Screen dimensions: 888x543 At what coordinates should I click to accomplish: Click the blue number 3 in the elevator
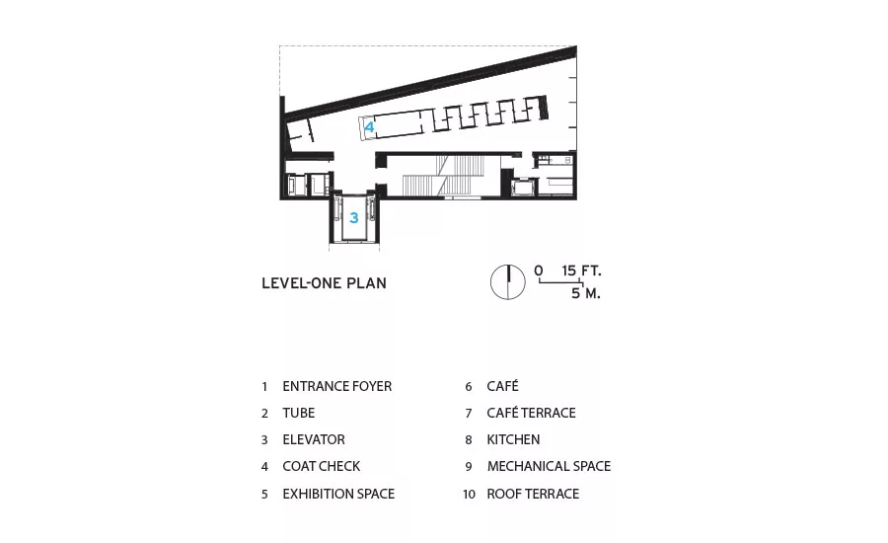pyautogui.click(x=354, y=217)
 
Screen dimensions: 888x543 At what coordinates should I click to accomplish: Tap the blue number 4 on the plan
pyautogui.click(x=369, y=127)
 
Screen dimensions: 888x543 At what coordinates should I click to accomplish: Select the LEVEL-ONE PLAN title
pyautogui.click(x=324, y=282)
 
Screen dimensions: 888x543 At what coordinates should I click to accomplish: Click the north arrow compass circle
pyautogui.click(x=507, y=281)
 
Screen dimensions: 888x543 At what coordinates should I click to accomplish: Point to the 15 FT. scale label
pyautogui.click(x=581, y=271)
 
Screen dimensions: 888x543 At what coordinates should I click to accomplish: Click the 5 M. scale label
pyautogui.click(x=585, y=293)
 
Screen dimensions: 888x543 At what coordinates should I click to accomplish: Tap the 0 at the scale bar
pyautogui.click(x=538, y=271)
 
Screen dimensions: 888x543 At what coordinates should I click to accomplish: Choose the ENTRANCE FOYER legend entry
pyautogui.click(x=337, y=386)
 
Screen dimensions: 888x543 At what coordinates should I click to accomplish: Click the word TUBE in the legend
pyautogui.click(x=298, y=413)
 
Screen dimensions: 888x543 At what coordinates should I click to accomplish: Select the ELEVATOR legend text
pyautogui.click(x=314, y=439)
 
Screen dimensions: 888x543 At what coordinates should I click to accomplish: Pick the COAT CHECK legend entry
pyautogui.click(x=321, y=466)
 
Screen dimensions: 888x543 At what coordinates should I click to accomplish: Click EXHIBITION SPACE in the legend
pyautogui.click(x=338, y=494)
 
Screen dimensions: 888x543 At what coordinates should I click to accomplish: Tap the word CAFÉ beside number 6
pyautogui.click(x=502, y=386)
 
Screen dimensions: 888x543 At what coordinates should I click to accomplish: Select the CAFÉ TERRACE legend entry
pyautogui.click(x=531, y=413)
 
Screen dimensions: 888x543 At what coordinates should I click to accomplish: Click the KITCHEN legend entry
pyautogui.click(x=513, y=439)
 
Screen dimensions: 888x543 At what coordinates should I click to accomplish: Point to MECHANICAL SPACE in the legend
pyautogui.click(x=549, y=466)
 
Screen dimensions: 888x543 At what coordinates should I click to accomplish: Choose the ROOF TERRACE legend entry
pyautogui.click(x=533, y=494)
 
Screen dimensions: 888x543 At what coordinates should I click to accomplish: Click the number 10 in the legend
pyautogui.click(x=469, y=495)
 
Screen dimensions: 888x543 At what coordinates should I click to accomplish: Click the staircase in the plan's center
pyautogui.click(x=444, y=175)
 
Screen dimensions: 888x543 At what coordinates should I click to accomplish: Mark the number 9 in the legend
pyautogui.click(x=469, y=466)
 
